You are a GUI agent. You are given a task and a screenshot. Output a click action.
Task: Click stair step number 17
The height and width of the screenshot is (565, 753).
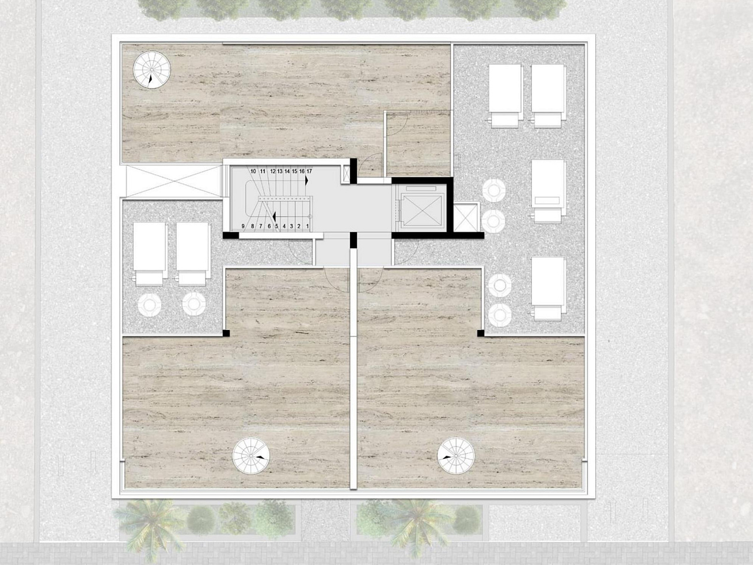[309, 171]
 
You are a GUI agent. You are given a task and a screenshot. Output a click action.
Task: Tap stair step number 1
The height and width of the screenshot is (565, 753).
[307, 226]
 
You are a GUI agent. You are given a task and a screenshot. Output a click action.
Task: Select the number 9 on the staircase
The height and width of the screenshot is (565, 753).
[243, 226]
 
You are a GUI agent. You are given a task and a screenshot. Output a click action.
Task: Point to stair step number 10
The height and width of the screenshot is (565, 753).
[253, 171]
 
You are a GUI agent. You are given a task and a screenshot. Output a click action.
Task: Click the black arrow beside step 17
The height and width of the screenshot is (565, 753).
[306, 180]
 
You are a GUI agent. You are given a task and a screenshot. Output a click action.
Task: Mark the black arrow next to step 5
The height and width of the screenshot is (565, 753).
[275, 217]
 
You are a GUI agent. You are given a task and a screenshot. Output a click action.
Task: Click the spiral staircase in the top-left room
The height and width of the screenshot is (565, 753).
[151, 70]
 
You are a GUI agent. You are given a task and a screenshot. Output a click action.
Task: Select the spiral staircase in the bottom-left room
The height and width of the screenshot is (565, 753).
[251, 456]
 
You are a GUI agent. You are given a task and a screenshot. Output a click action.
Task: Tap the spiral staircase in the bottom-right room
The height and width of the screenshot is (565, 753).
[456, 456]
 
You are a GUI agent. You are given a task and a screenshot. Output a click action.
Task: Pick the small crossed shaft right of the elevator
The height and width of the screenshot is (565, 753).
[466, 218]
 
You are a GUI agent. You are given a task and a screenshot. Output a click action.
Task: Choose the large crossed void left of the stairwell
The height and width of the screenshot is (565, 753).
[173, 181]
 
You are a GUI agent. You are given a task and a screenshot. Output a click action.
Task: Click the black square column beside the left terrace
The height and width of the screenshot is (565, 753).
[226, 333]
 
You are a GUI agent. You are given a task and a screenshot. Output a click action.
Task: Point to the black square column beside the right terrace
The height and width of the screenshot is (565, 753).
[481, 333]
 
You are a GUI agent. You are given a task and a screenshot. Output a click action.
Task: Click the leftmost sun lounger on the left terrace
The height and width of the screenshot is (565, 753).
[150, 254]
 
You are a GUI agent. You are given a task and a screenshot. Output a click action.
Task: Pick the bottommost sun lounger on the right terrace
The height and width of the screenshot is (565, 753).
[548, 289]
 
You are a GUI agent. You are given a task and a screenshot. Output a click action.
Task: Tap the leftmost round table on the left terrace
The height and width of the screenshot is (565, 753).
[150, 305]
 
